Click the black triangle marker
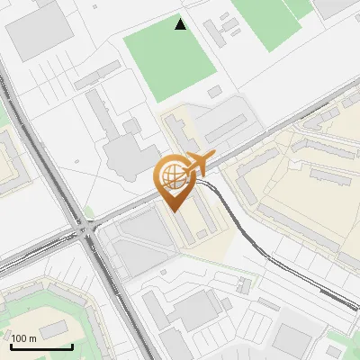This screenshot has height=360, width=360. pos(181,24)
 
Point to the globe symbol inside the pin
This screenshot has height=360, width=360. pos(171,175)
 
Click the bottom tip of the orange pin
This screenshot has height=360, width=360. pos(176,210)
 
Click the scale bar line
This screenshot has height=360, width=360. pos(41,346)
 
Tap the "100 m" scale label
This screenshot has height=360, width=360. pos(24,338)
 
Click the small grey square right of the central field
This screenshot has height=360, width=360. pos(214,91)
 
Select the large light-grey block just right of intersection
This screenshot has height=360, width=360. pos(135,243)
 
